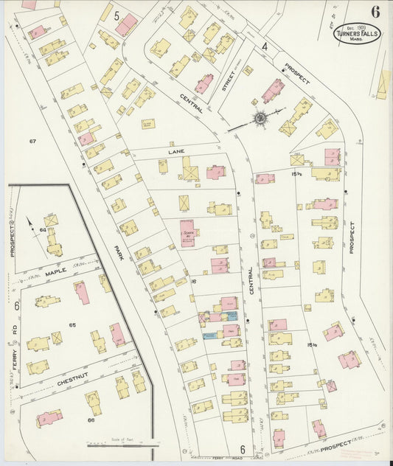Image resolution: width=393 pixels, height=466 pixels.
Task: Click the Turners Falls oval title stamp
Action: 359,32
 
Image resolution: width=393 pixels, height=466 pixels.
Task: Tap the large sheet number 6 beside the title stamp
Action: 376,12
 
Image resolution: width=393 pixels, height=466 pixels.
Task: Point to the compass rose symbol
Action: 260,118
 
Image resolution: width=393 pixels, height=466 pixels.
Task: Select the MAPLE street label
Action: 55,271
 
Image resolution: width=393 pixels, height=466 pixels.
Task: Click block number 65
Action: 72,325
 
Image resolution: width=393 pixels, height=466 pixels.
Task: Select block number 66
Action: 91,420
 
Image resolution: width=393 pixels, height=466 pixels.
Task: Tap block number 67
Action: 32,141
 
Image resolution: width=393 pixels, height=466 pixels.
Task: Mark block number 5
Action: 108,13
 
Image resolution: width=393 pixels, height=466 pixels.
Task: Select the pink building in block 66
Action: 49,417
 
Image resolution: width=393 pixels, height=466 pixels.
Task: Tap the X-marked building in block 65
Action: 57,338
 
